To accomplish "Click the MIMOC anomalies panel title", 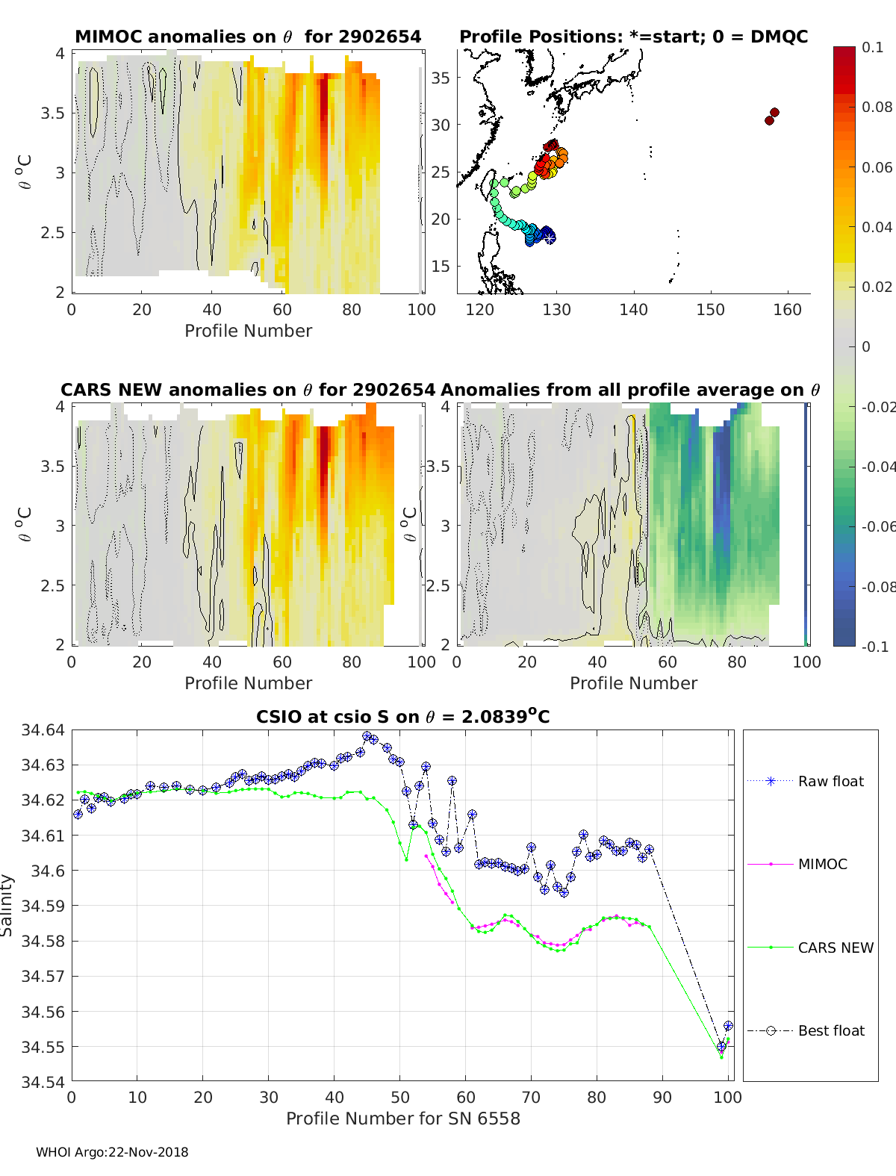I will [x=248, y=37].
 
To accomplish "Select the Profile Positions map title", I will [x=633, y=37].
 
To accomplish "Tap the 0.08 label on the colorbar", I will [x=877, y=107].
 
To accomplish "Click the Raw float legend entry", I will [x=830, y=781].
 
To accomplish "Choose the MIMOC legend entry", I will [x=822, y=864].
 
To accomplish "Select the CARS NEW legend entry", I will [x=835, y=948].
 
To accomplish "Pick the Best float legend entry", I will [x=830, y=1030].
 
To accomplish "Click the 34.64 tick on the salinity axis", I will [x=43, y=730].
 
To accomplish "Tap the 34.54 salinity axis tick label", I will [x=43, y=1082].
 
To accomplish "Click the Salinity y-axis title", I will [x=7, y=905].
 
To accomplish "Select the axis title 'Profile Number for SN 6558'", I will [x=403, y=1119].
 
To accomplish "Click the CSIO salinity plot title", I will [x=403, y=717].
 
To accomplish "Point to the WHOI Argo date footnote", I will [x=112, y=1152].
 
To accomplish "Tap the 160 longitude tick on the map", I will [x=787, y=310].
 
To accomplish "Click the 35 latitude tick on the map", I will [x=441, y=78].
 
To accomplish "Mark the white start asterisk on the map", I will [x=550, y=237].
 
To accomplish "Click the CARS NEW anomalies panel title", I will [x=248, y=390].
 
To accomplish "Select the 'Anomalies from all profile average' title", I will [x=630, y=390].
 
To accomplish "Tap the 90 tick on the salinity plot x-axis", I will [x=662, y=1097].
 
